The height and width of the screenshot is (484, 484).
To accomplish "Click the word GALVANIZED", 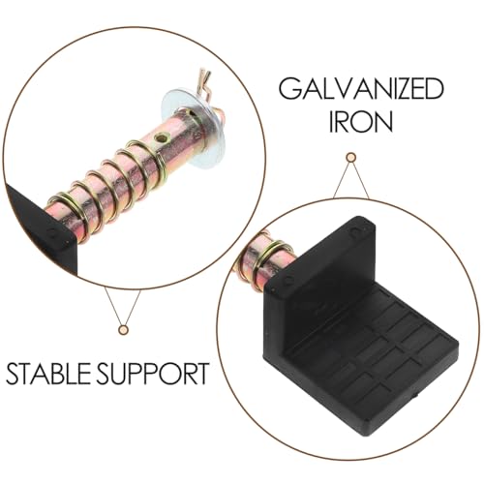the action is click(x=361, y=89).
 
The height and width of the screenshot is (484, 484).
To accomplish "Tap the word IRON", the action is click(x=361, y=121).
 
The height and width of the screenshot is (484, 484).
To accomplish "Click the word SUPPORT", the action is click(x=152, y=374).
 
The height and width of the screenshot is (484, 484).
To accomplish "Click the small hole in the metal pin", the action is click(x=161, y=138).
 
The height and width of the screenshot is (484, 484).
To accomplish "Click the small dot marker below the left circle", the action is click(x=123, y=330).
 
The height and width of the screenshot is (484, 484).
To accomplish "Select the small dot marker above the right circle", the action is click(x=350, y=158).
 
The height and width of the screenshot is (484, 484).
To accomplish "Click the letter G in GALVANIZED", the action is click(x=290, y=89).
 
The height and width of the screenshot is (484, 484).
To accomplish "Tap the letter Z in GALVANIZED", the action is click(x=398, y=89).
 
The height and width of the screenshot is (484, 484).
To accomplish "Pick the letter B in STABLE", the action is click(x=56, y=374).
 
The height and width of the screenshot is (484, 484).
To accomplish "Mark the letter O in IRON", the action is click(x=361, y=121).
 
